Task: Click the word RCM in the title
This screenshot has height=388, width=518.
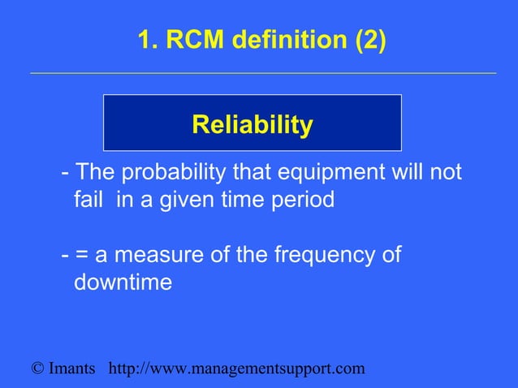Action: [186, 41]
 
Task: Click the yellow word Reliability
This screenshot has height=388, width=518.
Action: [252, 125]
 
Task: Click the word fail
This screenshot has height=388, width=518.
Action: [88, 199]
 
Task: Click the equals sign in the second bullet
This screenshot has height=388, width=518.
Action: [82, 257]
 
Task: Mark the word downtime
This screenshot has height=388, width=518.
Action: [123, 283]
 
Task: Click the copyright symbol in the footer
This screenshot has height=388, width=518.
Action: [37, 369]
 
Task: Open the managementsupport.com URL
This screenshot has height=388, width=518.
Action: [236, 369]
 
